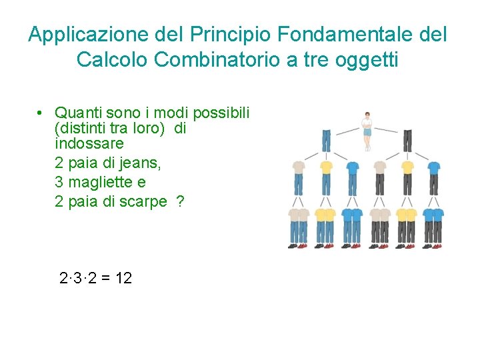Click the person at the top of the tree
pos(366,131)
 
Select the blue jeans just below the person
pos(326,141)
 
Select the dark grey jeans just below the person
pos(407,141)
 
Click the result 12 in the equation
pos(123,278)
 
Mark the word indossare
pos(89,143)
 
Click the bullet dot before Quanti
pos(41,112)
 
